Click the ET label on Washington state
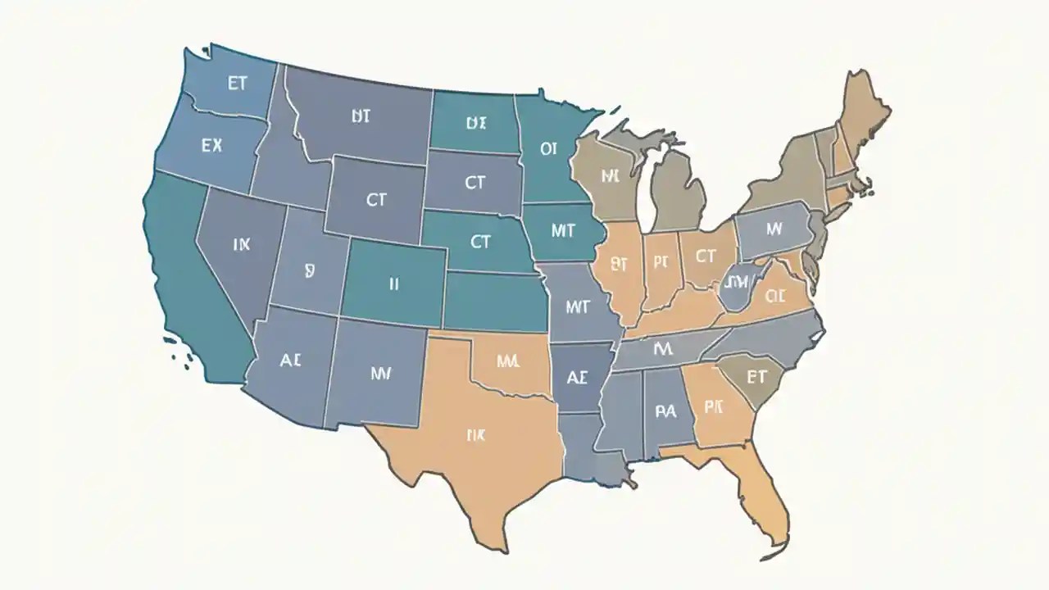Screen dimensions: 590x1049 [237, 85]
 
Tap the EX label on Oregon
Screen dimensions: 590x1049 [211, 146]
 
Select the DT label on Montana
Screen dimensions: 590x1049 [361, 116]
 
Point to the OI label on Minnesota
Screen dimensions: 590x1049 [548, 149]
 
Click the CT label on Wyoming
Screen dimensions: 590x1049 [376, 198]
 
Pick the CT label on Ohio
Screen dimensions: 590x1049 [705, 256]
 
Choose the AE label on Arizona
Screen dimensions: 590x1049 [291, 360]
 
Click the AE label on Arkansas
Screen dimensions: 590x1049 [577, 378]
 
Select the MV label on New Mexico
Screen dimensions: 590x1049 [380, 374]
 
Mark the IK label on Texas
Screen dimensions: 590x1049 [475, 435]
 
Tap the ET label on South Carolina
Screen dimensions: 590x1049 [754, 377]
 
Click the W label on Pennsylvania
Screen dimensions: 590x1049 [774, 229]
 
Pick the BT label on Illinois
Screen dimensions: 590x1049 [620, 264]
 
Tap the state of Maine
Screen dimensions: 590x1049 [863, 111]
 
